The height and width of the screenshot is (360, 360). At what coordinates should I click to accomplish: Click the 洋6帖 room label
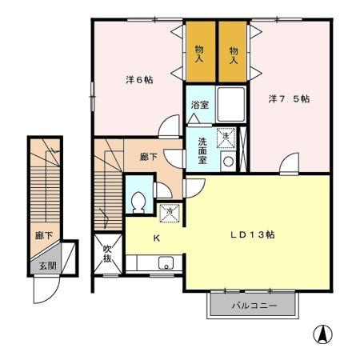tap(138, 81)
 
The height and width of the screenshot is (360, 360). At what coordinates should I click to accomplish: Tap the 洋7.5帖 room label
tap(289, 99)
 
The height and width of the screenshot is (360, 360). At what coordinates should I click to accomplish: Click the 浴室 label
tap(199, 106)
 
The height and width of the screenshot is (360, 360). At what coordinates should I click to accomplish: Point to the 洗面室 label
tap(203, 149)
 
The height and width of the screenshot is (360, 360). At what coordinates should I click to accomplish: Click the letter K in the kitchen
tap(157, 238)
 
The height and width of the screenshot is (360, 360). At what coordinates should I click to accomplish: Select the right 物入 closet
tap(234, 53)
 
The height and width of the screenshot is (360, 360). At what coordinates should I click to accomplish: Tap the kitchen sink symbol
tap(167, 262)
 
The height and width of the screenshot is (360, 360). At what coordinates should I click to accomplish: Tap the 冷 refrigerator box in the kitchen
tap(169, 213)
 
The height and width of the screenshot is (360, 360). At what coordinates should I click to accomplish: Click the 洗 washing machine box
tap(226, 137)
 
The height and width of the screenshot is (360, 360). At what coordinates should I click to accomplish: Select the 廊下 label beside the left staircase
tap(39, 236)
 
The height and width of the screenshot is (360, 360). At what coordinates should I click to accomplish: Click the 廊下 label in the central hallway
tap(149, 157)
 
